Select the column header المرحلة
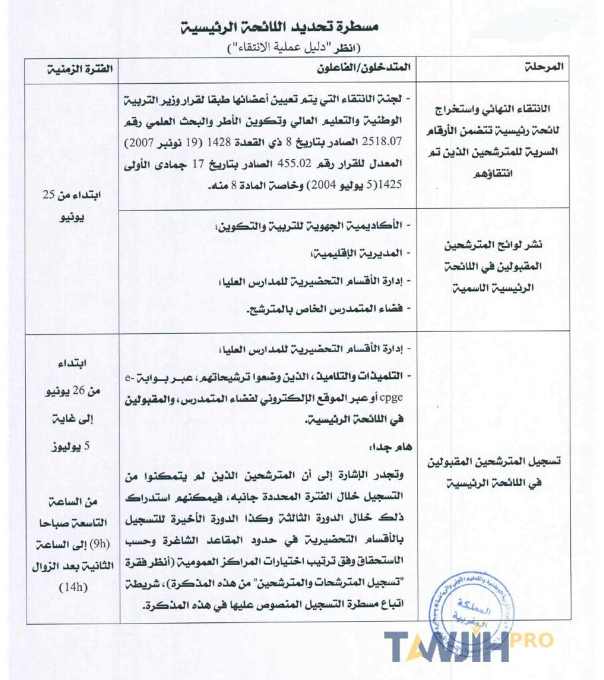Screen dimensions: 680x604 pyautogui.click(x=548, y=68)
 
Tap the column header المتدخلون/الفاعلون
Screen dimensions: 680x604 pyautogui.click(x=375, y=68)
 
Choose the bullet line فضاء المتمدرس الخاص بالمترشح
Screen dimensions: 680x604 pyautogui.click(x=327, y=310)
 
